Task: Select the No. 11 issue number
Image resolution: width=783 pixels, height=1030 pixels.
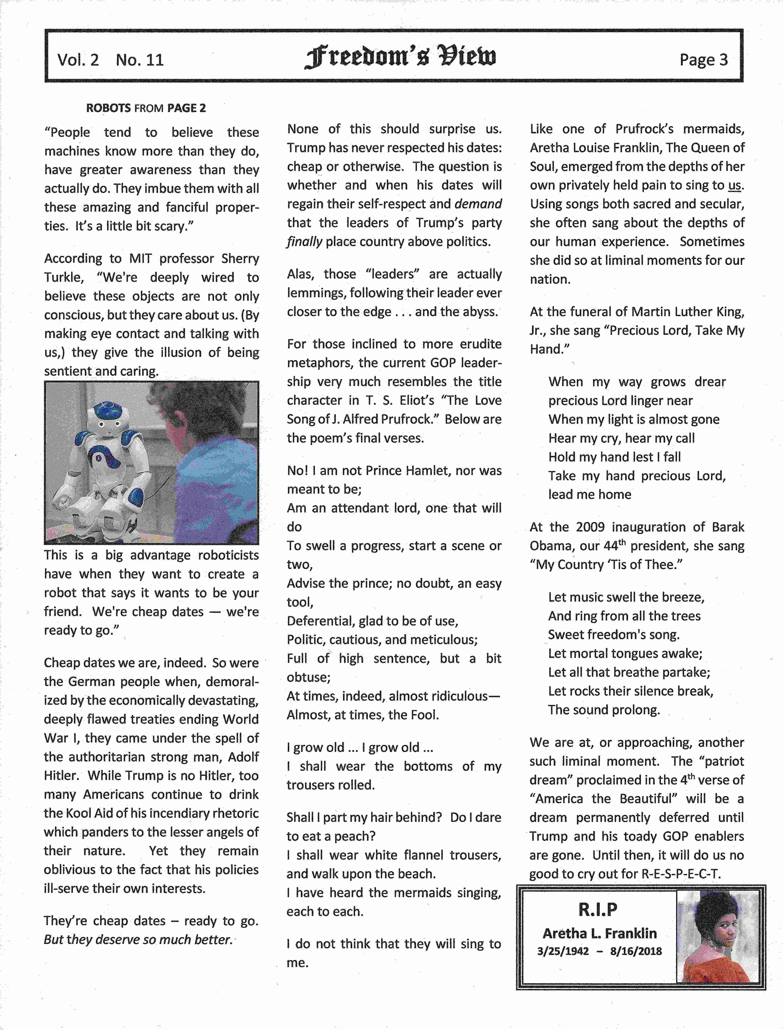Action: pos(140,60)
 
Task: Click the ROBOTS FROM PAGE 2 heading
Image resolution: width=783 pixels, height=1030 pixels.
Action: pos(146,108)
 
